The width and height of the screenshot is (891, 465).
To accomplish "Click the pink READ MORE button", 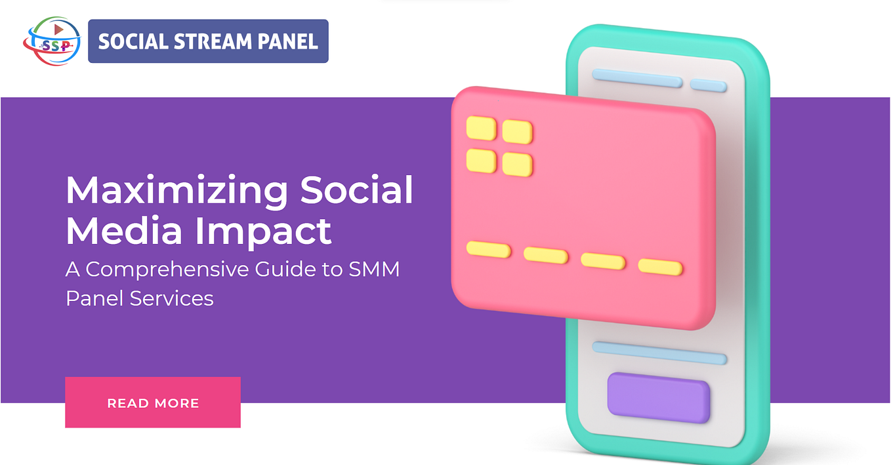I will pyautogui.click(x=153, y=402).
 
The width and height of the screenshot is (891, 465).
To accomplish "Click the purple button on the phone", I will pyautogui.click(x=659, y=397).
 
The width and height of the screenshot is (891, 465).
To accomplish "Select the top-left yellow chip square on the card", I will pyautogui.click(x=481, y=127).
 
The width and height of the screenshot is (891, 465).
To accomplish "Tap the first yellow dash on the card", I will pyautogui.click(x=488, y=249).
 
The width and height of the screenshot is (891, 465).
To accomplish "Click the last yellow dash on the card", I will pyautogui.click(x=660, y=266).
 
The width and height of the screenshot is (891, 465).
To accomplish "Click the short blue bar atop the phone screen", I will pyautogui.click(x=708, y=85).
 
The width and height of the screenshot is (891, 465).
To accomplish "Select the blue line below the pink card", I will pyautogui.click(x=659, y=352).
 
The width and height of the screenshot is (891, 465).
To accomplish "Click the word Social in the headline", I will pyautogui.click(x=357, y=191).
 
